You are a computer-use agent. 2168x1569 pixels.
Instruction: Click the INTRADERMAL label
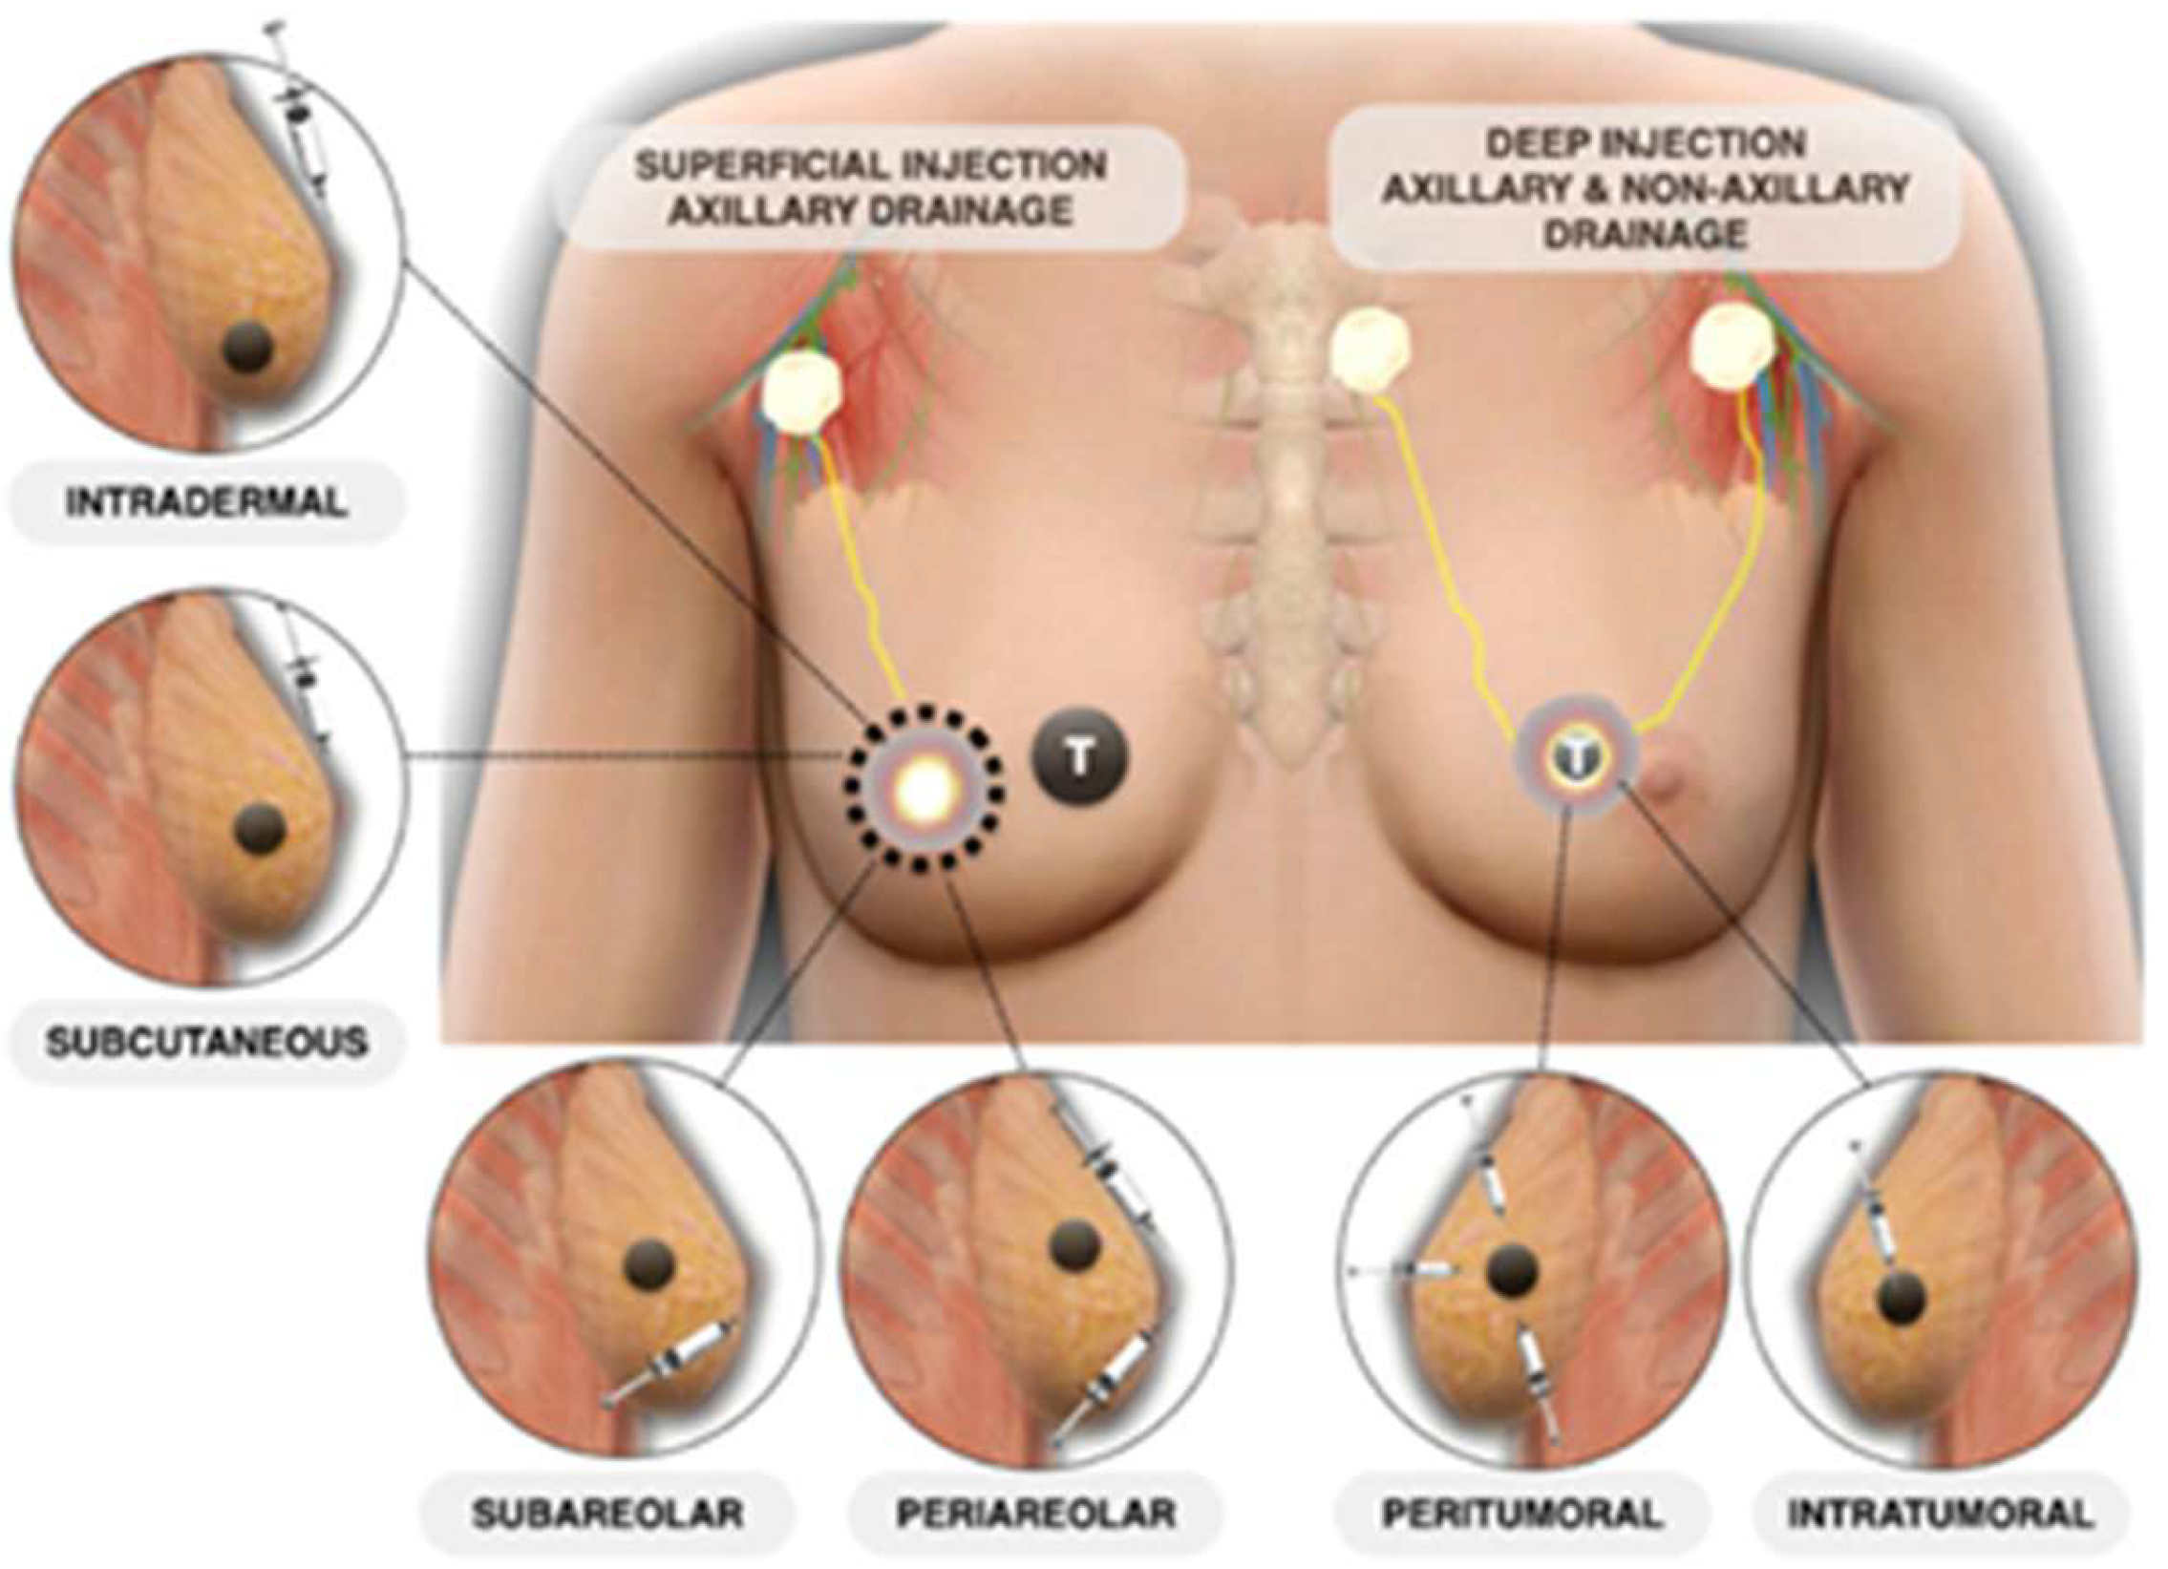click(205, 503)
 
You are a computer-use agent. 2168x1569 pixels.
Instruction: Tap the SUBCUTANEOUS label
click(205, 1041)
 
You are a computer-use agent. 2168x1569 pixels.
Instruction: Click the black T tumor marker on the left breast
click(1079, 759)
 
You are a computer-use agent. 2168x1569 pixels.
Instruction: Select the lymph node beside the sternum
click(1370, 351)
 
